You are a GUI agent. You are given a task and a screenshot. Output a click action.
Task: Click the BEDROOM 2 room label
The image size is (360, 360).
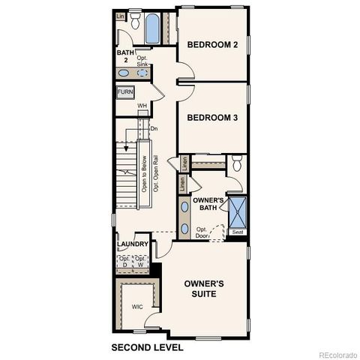(x=212, y=45)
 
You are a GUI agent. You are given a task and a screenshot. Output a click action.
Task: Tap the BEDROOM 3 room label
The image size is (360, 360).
(x=212, y=118)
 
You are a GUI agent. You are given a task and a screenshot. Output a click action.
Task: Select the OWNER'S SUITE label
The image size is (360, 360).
(x=205, y=289)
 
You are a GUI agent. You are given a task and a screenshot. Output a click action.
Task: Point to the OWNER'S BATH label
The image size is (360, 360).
(x=208, y=205)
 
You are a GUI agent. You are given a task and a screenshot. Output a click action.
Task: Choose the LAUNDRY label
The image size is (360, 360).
(x=132, y=244)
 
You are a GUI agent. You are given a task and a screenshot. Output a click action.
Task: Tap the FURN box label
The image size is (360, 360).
(x=125, y=92)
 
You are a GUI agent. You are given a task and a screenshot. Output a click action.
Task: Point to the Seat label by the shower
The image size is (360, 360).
(x=238, y=232)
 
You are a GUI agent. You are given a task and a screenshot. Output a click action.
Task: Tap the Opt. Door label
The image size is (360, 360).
(x=202, y=232)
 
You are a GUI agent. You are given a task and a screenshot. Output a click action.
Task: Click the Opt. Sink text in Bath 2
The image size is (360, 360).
(x=142, y=62)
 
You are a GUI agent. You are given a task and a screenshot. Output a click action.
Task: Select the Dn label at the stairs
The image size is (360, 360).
(x=154, y=129)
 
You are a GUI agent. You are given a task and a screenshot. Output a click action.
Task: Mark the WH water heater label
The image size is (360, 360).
(x=141, y=106)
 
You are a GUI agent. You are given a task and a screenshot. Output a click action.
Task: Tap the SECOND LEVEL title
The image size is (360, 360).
(x=147, y=348)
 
